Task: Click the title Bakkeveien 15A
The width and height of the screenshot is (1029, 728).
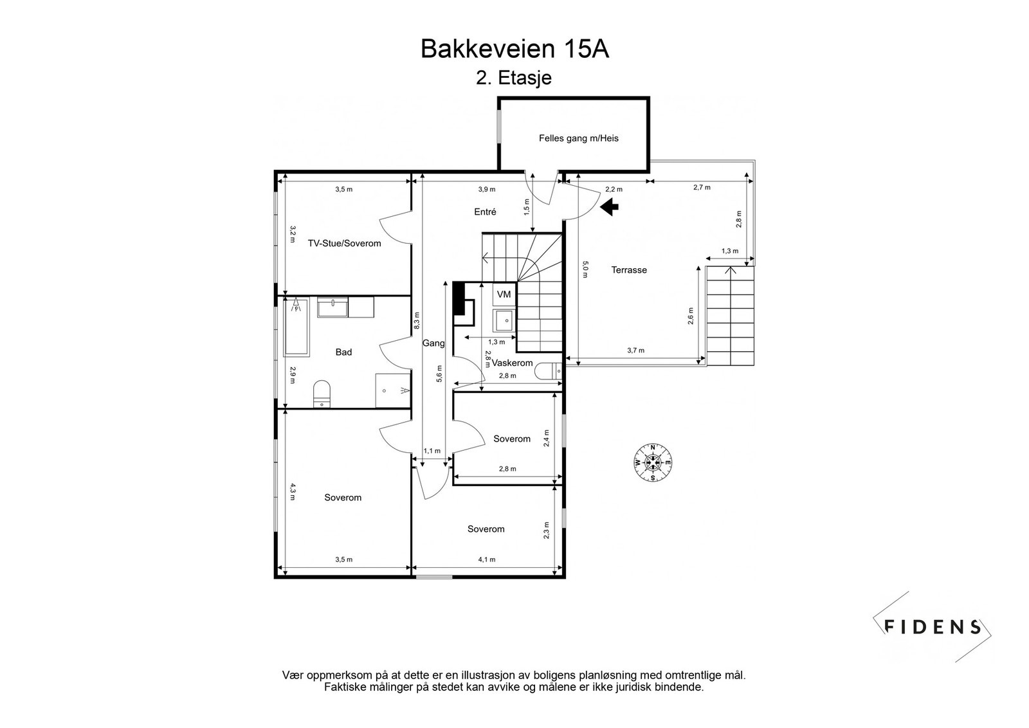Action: pyautogui.click(x=514, y=49)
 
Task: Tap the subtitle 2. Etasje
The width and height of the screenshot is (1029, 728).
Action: pyautogui.click(x=514, y=78)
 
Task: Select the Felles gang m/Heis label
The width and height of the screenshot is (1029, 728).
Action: pyautogui.click(x=578, y=138)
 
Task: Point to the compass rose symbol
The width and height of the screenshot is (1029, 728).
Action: pyautogui.click(x=652, y=462)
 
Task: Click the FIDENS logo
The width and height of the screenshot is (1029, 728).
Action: pyautogui.click(x=932, y=627)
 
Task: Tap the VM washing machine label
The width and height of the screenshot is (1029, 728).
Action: pyautogui.click(x=504, y=295)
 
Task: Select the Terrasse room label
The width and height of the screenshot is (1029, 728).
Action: pyautogui.click(x=629, y=270)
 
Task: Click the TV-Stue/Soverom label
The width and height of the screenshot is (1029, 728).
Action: pyautogui.click(x=344, y=244)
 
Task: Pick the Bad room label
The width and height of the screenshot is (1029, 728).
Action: pyautogui.click(x=343, y=352)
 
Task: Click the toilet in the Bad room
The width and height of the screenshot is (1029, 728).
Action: pyautogui.click(x=322, y=394)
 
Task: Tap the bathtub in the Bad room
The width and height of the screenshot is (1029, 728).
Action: pyautogui.click(x=296, y=327)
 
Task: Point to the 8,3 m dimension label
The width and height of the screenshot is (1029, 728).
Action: pyautogui.click(x=417, y=321)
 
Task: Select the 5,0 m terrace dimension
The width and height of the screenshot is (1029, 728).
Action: pyautogui.click(x=585, y=269)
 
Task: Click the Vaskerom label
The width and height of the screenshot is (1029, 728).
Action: pyautogui.click(x=512, y=363)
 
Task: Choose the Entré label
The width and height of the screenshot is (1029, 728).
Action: pyautogui.click(x=485, y=212)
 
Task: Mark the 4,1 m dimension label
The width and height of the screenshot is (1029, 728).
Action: pyautogui.click(x=487, y=560)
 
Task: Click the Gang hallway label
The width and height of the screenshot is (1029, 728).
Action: pyautogui.click(x=433, y=343)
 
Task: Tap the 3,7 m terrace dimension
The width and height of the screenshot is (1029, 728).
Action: pyautogui.click(x=636, y=350)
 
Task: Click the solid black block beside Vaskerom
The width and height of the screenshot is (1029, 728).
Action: pyautogui.click(x=459, y=298)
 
